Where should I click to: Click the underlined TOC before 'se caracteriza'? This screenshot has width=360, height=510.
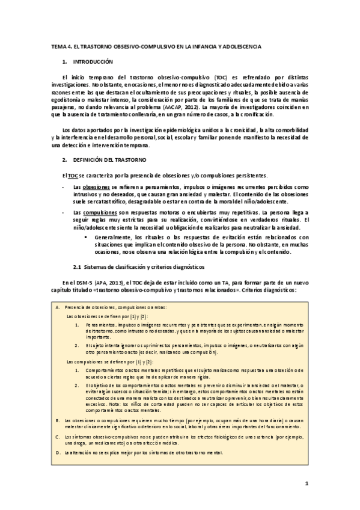click(73, 175)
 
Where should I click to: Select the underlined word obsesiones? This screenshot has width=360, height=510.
click(95, 188)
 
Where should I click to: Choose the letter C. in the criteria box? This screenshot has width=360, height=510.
click(57, 436)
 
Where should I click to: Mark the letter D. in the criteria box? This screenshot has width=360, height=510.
click(57, 452)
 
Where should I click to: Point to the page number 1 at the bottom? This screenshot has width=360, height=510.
click(306, 483)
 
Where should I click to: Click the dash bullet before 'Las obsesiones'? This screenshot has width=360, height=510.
click(64, 188)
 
